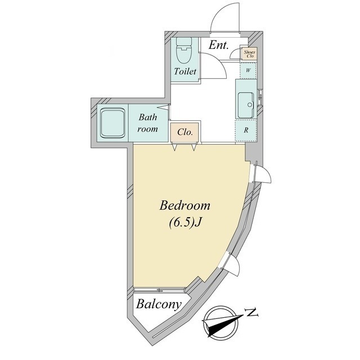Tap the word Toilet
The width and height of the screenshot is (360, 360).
tap(185, 71)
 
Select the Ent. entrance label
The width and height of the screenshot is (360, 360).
tap(219, 45)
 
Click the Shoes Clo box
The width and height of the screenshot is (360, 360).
tap(249, 54)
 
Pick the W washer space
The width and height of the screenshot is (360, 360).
tap(248, 70)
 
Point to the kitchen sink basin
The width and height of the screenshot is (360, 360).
tap(245, 105)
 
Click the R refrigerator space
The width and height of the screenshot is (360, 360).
tap(246, 130)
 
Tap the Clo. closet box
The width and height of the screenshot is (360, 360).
tap(185, 132)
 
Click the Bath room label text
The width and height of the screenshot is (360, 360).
tap(147, 123)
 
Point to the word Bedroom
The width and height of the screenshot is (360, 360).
tap(185, 205)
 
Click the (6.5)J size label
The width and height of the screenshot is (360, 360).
tap(185, 222)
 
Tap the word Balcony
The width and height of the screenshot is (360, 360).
tap(159, 305)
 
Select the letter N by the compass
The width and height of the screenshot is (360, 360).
tap(252, 313)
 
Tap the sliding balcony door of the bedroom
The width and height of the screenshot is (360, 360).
tap(159, 290)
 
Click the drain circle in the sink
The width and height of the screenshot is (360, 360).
tap(250, 105)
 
